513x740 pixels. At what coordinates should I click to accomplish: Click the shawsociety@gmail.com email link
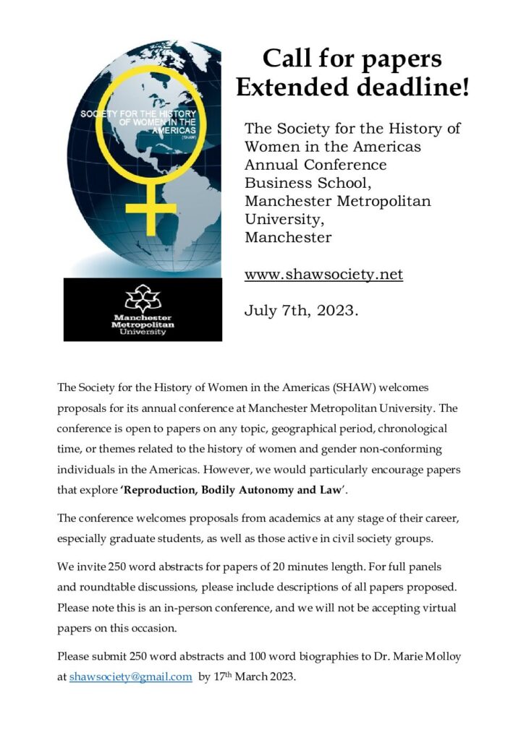[x=130, y=677]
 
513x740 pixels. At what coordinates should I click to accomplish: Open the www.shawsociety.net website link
[x=323, y=275]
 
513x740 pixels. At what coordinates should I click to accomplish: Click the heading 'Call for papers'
[x=352, y=58]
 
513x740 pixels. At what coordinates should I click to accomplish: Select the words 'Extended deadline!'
[x=352, y=88]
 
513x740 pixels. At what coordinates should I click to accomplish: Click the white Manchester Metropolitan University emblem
[x=142, y=297]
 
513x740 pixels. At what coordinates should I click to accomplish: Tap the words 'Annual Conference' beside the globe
[x=315, y=165]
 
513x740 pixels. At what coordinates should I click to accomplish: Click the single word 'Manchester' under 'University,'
[x=288, y=237]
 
